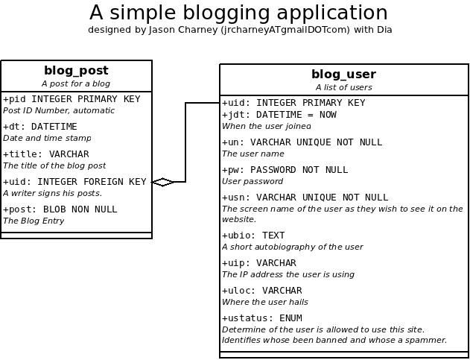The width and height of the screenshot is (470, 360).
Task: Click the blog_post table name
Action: [x=76, y=71]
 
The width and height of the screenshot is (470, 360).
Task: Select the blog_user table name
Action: [x=344, y=74]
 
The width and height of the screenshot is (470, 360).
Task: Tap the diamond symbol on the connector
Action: [x=163, y=182]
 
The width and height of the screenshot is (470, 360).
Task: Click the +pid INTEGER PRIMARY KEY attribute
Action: [x=72, y=99]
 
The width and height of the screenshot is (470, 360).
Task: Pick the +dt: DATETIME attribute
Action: [x=40, y=127]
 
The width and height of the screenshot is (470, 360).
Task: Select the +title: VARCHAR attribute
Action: [x=46, y=154]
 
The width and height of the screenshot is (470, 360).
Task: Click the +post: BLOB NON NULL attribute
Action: [x=60, y=209]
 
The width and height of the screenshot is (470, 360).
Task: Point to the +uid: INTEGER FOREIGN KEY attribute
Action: [x=74, y=182]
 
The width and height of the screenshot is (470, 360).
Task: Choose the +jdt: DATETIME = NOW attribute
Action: [x=279, y=115]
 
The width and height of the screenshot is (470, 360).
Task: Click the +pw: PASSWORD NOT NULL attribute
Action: [x=285, y=170]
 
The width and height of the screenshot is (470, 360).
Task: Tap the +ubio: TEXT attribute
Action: [x=253, y=236]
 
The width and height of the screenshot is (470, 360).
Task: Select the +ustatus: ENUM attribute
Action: [x=262, y=318]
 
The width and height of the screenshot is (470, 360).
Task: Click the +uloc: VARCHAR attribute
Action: [x=262, y=291]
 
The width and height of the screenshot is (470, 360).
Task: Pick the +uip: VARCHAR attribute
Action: [x=259, y=263]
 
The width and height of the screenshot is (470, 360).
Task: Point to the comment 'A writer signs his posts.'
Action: [x=52, y=193]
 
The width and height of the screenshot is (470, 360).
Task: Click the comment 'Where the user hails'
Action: [x=265, y=302]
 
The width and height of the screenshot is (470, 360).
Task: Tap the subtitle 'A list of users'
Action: [x=344, y=87]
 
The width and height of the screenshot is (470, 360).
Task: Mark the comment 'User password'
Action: [x=253, y=182]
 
